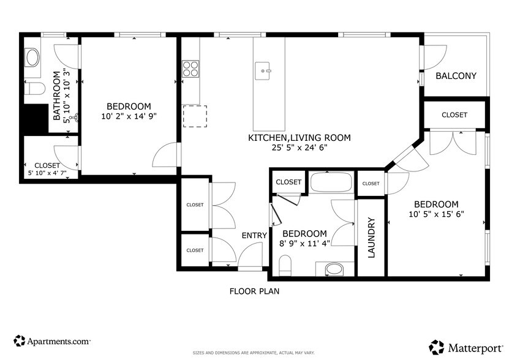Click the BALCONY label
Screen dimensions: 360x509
(x=456, y=76)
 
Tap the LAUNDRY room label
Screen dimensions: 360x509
(x=371, y=238)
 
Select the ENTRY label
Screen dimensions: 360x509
(x=254, y=236)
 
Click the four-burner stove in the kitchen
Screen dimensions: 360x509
(x=190, y=68)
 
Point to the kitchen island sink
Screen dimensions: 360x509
(x=265, y=71)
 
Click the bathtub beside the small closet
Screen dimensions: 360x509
(x=331, y=182)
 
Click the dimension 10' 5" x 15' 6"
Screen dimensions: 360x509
(x=436, y=214)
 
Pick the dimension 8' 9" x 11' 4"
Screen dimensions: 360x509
(x=304, y=243)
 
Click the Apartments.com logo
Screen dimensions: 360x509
(x=52, y=340)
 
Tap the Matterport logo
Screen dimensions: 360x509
(x=463, y=347)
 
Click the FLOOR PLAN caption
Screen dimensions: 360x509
(x=254, y=291)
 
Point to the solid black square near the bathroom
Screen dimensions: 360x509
(x=35, y=119)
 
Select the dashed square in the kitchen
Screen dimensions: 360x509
(x=195, y=116)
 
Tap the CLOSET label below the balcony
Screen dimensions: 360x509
(x=454, y=115)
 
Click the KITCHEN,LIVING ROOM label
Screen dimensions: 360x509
(x=299, y=138)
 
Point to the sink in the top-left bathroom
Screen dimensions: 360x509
(x=32, y=58)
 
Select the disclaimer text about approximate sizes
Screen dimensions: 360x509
(x=254, y=353)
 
